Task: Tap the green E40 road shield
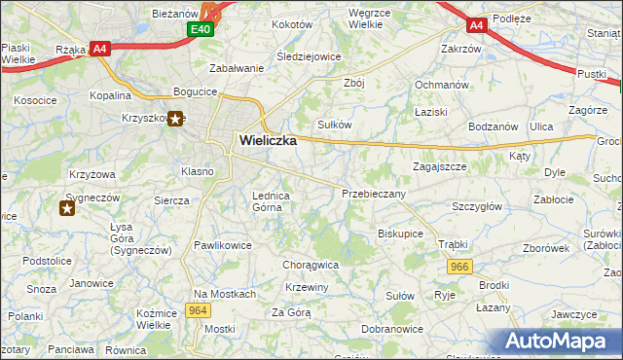(x=201, y=30)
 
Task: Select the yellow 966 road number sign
(x=460, y=266)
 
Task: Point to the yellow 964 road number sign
(x=199, y=310)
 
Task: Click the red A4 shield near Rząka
(x=99, y=48)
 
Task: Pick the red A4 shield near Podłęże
(x=477, y=25)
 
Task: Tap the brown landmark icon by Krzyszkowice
(x=175, y=120)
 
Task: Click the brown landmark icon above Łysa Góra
(x=67, y=208)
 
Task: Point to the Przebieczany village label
(x=374, y=194)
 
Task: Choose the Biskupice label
(x=400, y=234)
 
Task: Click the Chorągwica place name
(x=310, y=264)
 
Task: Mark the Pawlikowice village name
(x=222, y=245)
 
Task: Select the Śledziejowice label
(x=309, y=56)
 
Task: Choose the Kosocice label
(x=35, y=100)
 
